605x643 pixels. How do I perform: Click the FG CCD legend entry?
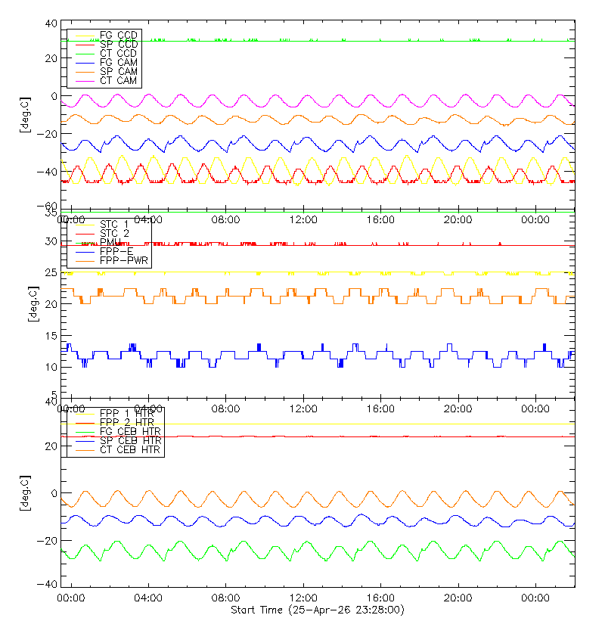click(118, 36)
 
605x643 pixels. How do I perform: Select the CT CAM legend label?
click(118, 80)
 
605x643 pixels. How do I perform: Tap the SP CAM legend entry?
click(118, 71)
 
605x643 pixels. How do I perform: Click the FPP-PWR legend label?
click(124, 261)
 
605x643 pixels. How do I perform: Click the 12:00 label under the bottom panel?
click(303, 598)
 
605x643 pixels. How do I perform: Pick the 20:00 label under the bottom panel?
click(458, 598)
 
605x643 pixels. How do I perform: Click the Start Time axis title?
click(318, 610)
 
